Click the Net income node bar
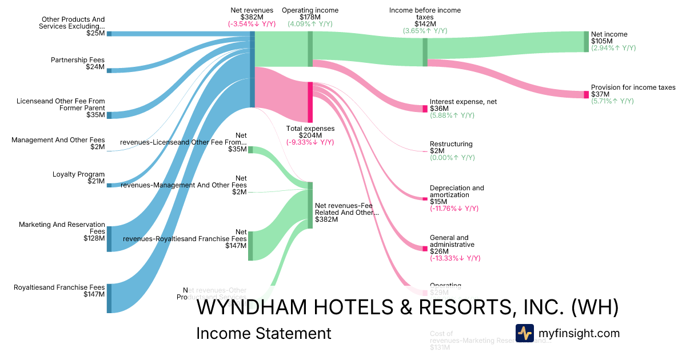pos(586,42)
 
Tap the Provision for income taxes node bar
pos(586,94)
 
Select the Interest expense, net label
pos(463,102)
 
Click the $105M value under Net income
pos(601,41)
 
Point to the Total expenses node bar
pos(310,102)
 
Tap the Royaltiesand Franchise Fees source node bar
pos(109,298)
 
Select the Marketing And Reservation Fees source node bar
pos(109,239)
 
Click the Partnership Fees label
pos(78,60)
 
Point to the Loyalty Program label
pos(79,174)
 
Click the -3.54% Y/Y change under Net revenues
pos(252,24)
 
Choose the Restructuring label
pos(451,144)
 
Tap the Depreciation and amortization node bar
pos(425,199)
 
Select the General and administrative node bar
pos(425,249)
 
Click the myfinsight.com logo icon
pos(524,333)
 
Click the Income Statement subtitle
pos(264,333)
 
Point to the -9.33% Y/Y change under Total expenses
pos(310,142)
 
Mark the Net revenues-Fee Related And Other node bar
pos(310,206)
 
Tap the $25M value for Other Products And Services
pos(95,33)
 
